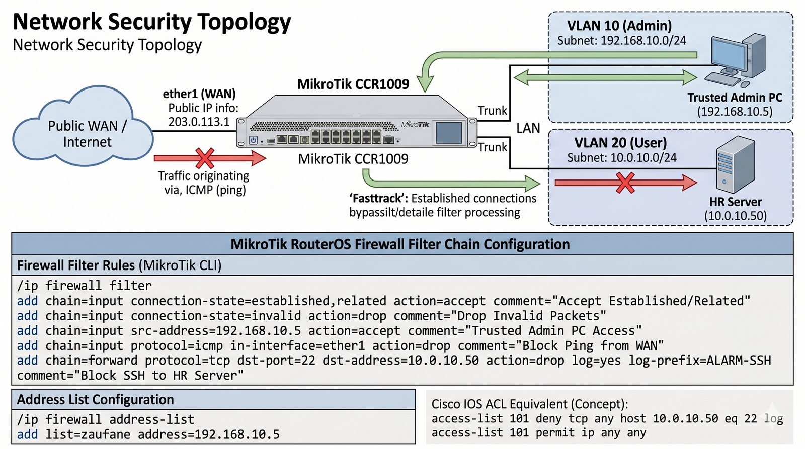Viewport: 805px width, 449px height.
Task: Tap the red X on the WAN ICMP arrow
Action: (205, 158)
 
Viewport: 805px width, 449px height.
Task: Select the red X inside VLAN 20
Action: (625, 183)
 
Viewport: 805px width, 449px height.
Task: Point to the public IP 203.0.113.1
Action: (199, 122)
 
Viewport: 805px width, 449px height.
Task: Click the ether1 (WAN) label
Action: (199, 94)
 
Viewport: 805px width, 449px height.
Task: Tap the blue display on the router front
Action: (449, 133)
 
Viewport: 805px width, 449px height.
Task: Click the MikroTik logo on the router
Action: (415, 124)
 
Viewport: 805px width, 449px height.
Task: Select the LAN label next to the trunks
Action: (528, 128)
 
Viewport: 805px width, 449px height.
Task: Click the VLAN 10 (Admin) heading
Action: (619, 26)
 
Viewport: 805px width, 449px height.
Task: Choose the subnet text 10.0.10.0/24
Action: (643, 158)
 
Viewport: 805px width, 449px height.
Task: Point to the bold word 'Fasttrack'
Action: (378, 198)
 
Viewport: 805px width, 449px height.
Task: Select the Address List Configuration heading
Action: (96, 400)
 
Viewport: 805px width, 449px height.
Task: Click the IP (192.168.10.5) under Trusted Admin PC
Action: (735, 111)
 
